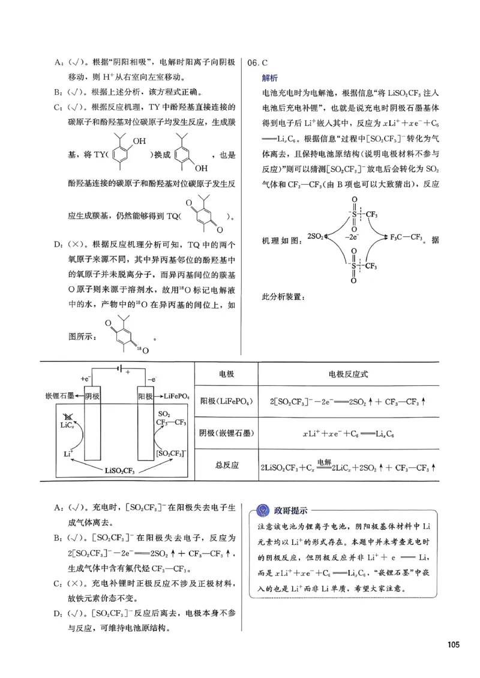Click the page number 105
pyautogui.click(x=453, y=644)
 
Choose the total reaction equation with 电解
pyautogui.click(x=348, y=466)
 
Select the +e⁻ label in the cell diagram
pyautogui.click(x=85, y=379)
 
